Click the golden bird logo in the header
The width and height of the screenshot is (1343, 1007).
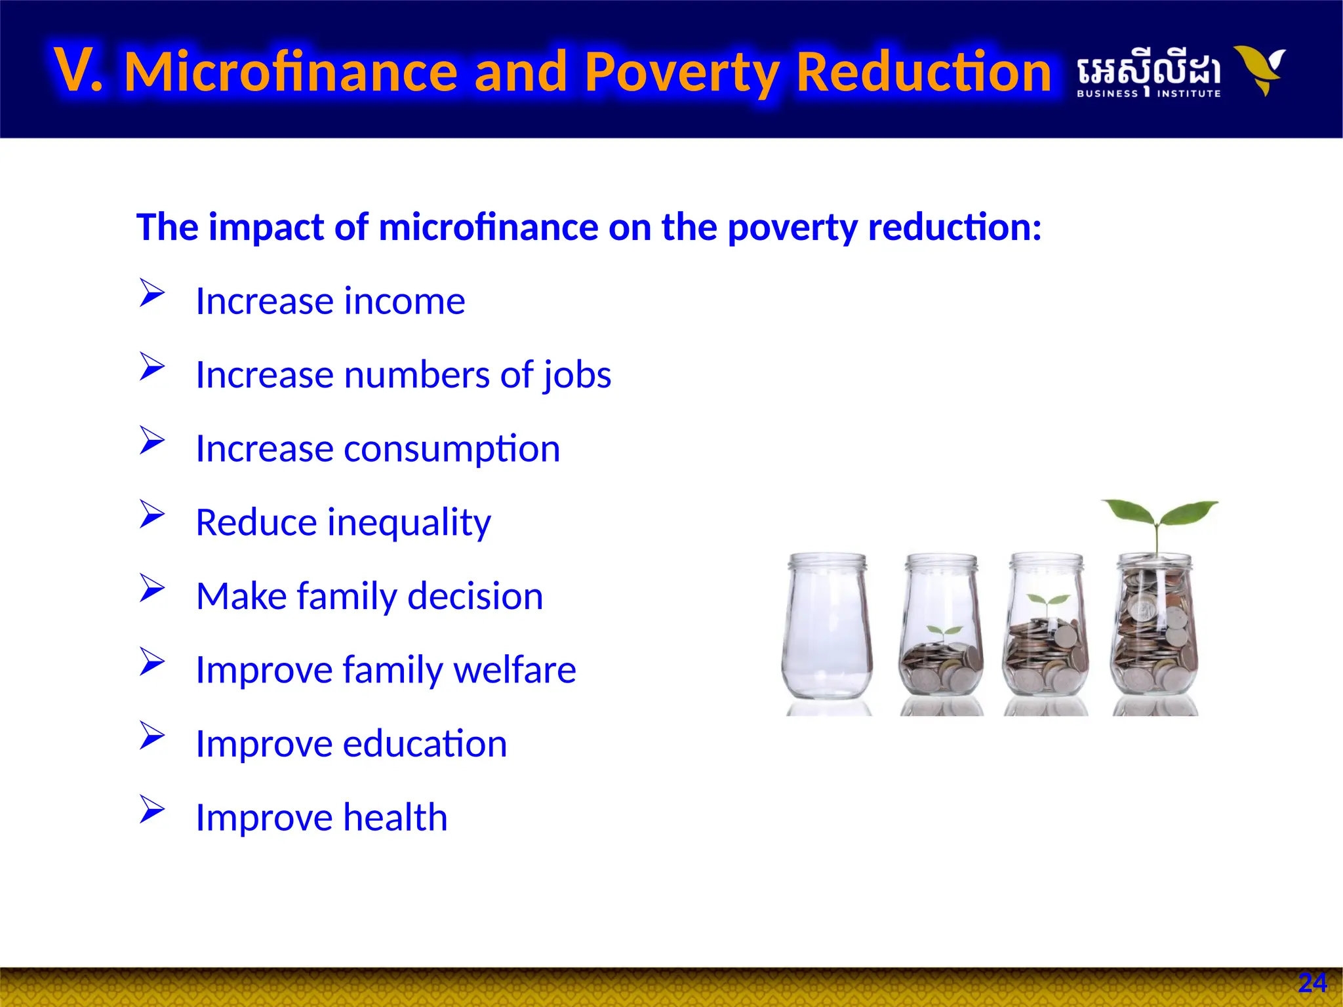coord(1259,69)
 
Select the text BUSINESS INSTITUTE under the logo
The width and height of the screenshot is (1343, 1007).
coord(1148,94)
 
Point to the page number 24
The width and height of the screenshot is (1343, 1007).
coord(1312,983)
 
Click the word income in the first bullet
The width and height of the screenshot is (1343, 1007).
coord(405,301)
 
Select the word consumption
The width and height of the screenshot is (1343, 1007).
coord(452,449)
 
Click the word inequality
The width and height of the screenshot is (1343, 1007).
coord(409,523)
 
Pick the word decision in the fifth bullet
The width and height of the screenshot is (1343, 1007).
coord(475,596)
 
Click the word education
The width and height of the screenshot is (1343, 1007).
coord(425,743)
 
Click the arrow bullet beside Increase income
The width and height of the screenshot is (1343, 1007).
coord(151,293)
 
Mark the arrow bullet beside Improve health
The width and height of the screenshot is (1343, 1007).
coord(151,810)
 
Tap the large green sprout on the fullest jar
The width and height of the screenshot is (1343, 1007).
coord(1159,515)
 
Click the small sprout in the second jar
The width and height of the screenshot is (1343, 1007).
coord(944,633)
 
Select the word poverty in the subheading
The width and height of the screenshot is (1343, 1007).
coord(792,227)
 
